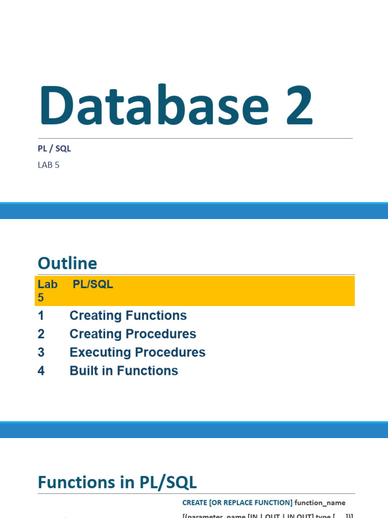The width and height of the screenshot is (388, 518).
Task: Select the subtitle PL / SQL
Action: point(54,148)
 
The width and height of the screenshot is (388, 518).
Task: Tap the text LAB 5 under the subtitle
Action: point(48,165)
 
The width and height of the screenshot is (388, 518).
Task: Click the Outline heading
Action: point(67,263)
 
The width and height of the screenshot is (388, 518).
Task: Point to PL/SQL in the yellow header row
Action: point(93,284)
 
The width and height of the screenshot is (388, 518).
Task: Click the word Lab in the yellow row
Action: point(47,284)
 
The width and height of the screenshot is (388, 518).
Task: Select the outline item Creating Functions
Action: point(128,316)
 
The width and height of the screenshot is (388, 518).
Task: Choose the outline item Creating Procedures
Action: point(132,334)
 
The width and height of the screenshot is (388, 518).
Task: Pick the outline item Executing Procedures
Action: point(137,353)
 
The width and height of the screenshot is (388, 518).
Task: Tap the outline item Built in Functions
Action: point(124,371)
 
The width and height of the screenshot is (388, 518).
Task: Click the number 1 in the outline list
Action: point(41,316)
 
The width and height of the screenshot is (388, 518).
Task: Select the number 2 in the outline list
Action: point(41,334)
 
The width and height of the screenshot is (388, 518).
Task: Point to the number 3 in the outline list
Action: point(41,353)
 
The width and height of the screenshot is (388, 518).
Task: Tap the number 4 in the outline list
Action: point(41,371)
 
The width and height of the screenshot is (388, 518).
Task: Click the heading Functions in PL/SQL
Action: point(117,482)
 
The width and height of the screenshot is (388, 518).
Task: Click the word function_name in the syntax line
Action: point(320,502)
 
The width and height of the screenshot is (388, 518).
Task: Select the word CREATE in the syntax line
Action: point(195,502)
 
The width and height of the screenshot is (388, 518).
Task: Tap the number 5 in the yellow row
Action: point(41,298)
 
